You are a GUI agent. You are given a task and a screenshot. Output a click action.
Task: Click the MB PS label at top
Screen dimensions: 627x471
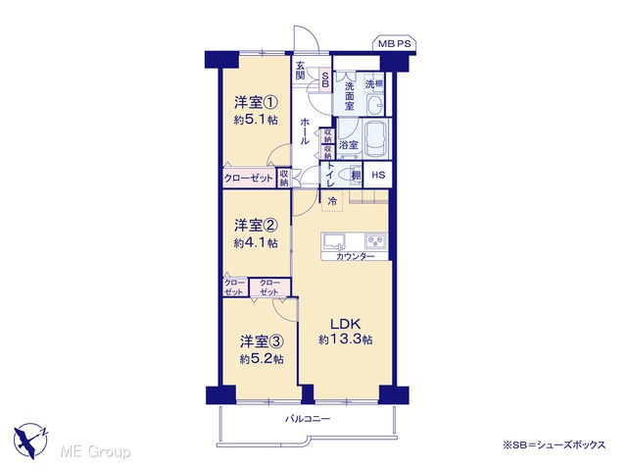pos(395,43)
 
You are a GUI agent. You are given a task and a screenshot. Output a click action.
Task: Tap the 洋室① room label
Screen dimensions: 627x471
pos(256,102)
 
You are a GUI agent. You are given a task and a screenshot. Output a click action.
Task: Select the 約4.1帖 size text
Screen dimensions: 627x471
pos(256,242)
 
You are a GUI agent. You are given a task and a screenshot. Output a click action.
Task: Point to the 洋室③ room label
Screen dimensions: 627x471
pos(262,341)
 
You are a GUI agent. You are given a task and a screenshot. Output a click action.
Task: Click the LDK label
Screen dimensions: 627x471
pos(346,324)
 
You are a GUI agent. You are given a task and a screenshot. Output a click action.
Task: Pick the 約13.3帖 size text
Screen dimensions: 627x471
pos(346,340)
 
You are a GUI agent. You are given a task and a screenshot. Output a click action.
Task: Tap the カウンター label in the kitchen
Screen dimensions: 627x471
pos(355,257)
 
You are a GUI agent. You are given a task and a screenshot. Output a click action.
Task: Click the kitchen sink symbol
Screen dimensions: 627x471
pos(334,241)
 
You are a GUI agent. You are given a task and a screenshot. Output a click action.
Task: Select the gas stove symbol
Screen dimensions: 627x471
pos(375,241)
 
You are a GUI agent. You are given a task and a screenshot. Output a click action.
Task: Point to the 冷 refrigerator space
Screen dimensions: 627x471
pos(332,201)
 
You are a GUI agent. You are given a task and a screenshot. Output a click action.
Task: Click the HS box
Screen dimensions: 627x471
pos(378,175)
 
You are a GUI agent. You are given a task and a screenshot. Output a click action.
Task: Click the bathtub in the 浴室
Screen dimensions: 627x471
pos(375,138)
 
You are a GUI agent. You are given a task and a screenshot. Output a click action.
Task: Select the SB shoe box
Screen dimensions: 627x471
pos(325,80)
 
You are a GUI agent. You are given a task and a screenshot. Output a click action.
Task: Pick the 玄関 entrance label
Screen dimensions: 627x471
pos(301,71)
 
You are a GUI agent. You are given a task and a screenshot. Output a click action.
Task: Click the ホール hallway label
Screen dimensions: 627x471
pos(305,131)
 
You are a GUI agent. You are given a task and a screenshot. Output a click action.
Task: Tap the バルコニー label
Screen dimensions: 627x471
pos(308,419)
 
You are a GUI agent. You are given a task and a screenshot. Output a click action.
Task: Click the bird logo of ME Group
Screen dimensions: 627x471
pos(30,442)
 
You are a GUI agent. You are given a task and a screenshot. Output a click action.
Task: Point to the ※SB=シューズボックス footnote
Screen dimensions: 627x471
pos(554,445)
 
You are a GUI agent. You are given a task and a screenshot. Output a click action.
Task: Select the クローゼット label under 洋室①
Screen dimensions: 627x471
pos(249,179)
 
